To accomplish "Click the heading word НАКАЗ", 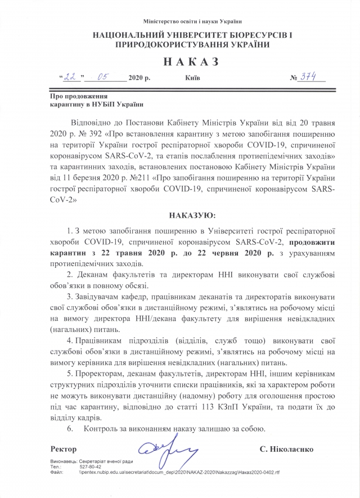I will pos(179,61).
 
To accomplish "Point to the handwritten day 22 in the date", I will pos(70,78).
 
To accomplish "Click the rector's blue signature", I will pos(166,451).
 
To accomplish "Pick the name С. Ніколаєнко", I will pos(287,450).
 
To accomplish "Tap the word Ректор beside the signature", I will pos(64,450).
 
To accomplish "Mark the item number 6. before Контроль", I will pos(70,429).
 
